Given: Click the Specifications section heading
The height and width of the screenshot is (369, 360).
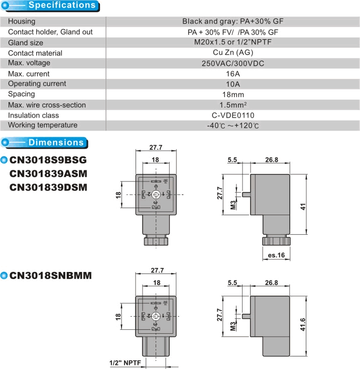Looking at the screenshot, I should pos(62,6).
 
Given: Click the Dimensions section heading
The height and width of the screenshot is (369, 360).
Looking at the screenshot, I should pos(56,142).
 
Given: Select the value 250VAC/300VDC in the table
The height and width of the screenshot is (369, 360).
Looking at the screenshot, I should pos(232,63).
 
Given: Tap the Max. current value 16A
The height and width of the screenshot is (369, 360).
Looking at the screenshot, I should pos(232,74).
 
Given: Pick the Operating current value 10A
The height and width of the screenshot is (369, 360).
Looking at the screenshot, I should pos(232,84).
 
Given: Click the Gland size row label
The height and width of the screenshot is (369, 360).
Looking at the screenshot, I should pos(26,43).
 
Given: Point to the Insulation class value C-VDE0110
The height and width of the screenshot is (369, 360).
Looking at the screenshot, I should pos(232,115).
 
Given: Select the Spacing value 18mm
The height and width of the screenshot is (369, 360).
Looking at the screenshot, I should pos(232,95).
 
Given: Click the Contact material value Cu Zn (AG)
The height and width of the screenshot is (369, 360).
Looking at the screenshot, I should pos(232,53).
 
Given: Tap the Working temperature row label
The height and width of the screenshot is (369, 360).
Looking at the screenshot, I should pos(43,125).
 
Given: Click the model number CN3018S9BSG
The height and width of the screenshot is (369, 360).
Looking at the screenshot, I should pos(48,160).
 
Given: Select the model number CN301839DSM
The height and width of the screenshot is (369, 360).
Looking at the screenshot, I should pos(48,187).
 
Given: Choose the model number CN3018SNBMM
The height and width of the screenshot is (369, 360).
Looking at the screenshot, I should pos(51,275).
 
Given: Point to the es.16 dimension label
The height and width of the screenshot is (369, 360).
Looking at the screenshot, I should pos(276,255).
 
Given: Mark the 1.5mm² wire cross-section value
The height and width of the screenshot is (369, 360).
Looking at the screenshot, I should pos(232,105).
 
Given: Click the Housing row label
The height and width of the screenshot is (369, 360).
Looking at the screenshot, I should pos(22,22).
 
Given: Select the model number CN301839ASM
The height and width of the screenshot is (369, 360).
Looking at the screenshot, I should pos(48,174).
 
